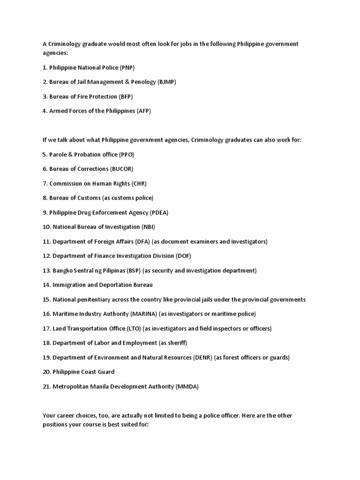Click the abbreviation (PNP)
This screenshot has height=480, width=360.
127,67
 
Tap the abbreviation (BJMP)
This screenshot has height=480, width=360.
167,82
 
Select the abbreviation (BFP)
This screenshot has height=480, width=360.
126,97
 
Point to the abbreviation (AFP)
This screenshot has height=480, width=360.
144,111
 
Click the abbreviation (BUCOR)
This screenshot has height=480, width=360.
125,169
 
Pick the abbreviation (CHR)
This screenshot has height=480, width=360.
139,183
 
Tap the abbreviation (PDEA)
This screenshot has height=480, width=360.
159,212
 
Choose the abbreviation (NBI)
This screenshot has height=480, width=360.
148,227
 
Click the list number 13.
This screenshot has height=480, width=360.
46,270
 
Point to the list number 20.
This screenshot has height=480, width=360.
46,372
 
